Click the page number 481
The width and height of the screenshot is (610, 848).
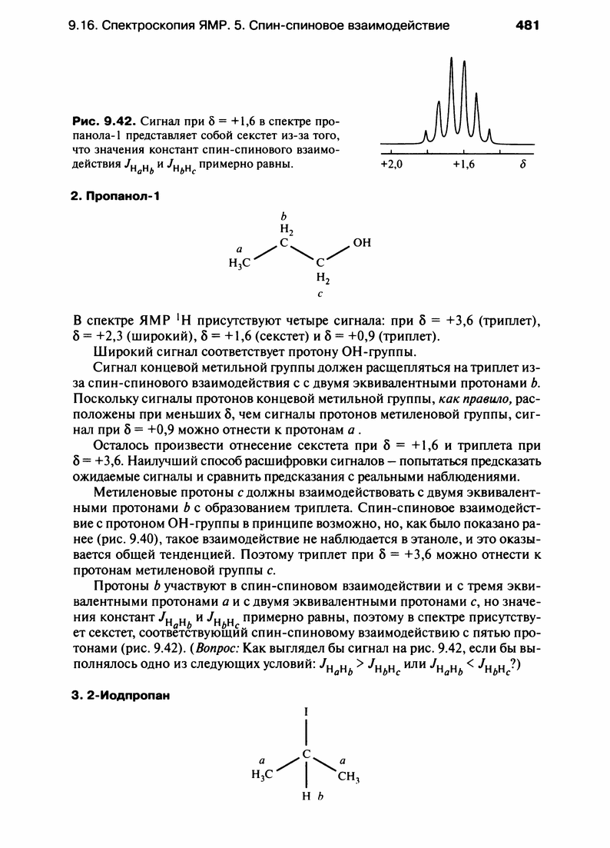(x=528, y=25)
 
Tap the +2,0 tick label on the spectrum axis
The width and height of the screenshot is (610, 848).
(x=392, y=164)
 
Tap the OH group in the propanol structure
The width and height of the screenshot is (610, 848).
(x=361, y=243)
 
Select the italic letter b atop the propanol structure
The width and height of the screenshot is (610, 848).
(x=283, y=215)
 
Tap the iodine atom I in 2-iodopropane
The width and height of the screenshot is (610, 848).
(x=307, y=713)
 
